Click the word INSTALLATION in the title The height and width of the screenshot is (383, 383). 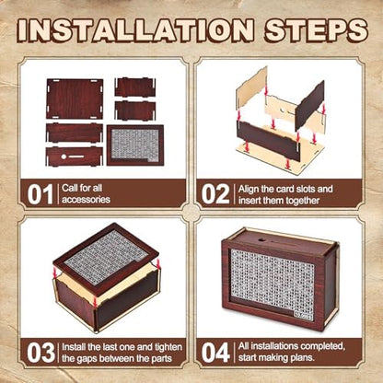point(135,30)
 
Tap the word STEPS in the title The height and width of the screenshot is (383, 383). point(316,30)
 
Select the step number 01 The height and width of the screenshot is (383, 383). point(40,194)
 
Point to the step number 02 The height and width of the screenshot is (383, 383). point(215,194)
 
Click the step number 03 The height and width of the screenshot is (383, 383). point(41,353)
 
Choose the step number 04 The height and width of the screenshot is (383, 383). point(215,353)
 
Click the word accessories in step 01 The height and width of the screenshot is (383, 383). point(86,200)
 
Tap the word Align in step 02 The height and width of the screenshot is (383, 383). point(249,190)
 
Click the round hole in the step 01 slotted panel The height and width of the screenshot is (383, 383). point(64,157)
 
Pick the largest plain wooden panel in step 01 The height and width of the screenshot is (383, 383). point(75,99)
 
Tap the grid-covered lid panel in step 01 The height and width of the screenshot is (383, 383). point(135,145)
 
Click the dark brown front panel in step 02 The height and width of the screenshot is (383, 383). point(268,141)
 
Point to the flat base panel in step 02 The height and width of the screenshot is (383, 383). point(280,155)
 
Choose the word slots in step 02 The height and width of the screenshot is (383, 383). point(302,189)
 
